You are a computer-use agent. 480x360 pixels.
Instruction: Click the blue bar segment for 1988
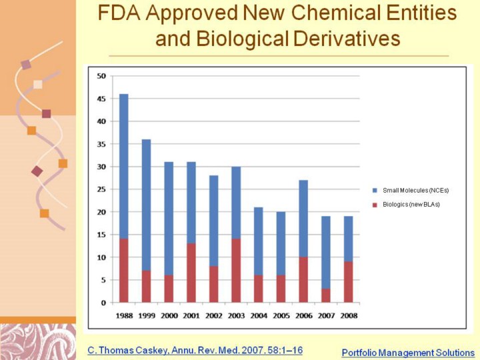pyautogui.click(x=124, y=166)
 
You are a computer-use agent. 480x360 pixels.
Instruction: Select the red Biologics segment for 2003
pyautogui.click(x=236, y=270)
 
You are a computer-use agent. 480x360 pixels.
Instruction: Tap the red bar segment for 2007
pyautogui.click(x=326, y=295)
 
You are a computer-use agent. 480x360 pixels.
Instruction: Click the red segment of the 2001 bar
pyautogui.click(x=191, y=273)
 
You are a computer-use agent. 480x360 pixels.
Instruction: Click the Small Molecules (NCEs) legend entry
pyautogui.click(x=408, y=191)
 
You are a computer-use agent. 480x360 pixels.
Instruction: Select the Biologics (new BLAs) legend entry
pyautogui.click(x=408, y=204)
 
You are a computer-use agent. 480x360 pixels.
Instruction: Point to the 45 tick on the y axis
pyautogui.click(x=101, y=99)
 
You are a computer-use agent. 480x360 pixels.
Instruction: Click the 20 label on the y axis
pyautogui.click(x=101, y=212)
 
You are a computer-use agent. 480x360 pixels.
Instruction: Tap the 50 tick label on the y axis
pyautogui.click(x=101, y=76)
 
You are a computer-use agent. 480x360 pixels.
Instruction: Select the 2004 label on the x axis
pyautogui.click(x=259, y=315)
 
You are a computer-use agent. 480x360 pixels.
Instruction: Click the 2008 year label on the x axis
pyautogui.click(x=348, y=315)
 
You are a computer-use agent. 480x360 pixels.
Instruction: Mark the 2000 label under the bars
pyautogui.click(x=169, y=315)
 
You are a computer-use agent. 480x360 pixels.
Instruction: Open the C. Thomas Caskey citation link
pyautogui.click(x=195, y=350)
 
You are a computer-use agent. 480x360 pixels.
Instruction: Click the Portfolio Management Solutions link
pyautogui.click(x=408, y=353)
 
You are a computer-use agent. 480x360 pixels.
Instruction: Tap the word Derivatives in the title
pyautogui.click(x=345, y=39)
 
